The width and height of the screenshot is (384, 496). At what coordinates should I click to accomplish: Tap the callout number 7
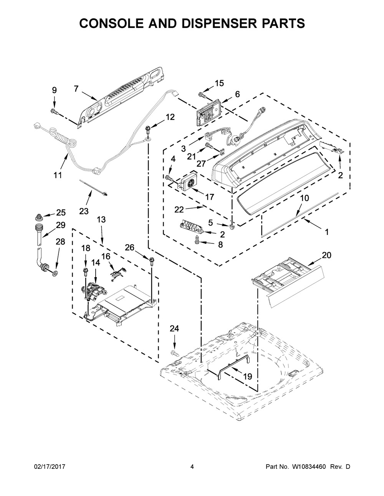click(x=76, y=89)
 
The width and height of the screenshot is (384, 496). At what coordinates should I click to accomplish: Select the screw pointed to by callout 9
click(x=54, y=111)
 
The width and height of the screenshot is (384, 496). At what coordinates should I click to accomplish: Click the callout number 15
click(x=219, y=83)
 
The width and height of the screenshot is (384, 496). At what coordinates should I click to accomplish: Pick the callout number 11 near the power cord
click(x=58, y=175)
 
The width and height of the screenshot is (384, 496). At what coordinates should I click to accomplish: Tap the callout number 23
click(x=84, y=211)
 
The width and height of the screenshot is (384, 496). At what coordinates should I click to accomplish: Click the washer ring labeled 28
click(x=55, y=273)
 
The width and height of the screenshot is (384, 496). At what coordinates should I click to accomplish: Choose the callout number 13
click(x=101, y=219)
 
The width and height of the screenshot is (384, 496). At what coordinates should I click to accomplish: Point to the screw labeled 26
click(x=151, y=261)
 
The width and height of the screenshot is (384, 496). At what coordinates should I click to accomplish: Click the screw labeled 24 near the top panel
click(x=174, y=353)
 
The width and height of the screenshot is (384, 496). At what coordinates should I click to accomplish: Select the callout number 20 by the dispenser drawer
click(x=326, y=255)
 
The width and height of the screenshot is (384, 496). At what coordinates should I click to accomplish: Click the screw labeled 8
click(x=197, y=240)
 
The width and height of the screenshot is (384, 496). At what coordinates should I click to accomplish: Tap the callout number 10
click(x=304, y=198)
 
